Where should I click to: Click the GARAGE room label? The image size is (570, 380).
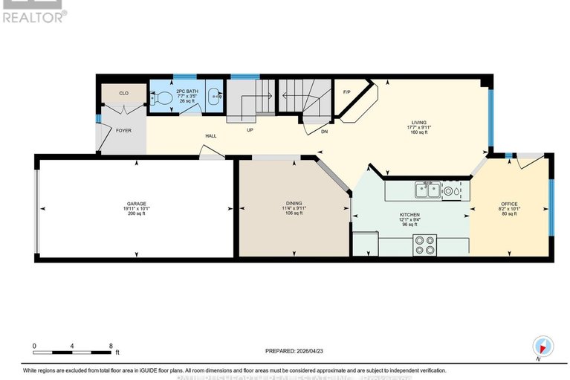click(x=135, y=203)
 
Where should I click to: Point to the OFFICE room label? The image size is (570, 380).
click(x=509, y=203)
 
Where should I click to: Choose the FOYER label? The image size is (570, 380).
click(x=123, y=130)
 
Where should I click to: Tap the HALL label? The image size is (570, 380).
click(x=211, y=136)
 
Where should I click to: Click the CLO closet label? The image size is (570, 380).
click(x=124, y=93)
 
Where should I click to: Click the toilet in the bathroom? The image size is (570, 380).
click(x=163, y=97)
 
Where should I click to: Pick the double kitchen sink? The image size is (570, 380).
click(x=427, y=190)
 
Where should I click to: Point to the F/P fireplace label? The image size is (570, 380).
click(x=346, y=91)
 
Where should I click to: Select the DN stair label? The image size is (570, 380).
click(x=324, y=131)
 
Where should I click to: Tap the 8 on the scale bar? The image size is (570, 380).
click(x=111, y=346)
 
